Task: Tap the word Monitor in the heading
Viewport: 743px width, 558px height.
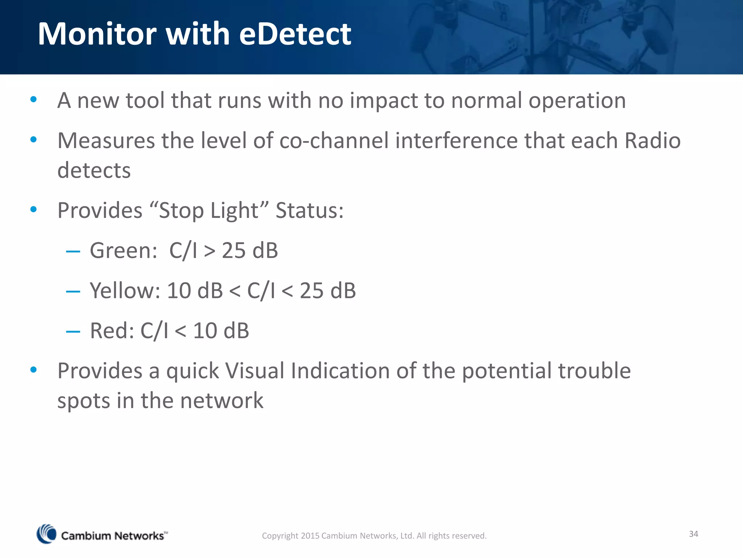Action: pyautogui.click(x=97, y=34)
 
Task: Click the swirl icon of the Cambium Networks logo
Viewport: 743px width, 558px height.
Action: pyautogui.click(x=46, y=534)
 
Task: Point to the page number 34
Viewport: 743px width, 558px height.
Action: pyautogui.click(x=693, y=534)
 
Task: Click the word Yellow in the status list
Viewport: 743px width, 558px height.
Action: pyautogui.click(x=125, y=291)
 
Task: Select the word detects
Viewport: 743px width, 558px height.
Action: pyautogui.click(x=94, y=171)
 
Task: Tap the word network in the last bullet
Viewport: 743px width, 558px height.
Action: pyautogui.click(x=222, y=401)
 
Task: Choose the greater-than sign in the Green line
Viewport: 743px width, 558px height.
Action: pyautogui.click(x=210, y=251)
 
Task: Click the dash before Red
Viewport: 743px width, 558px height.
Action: pyautogui.click(x=73, y=331)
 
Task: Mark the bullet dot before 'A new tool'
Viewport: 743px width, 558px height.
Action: pyautogui.click(x=34, y=99)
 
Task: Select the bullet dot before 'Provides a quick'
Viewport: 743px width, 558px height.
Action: pyautogui.click(x=34, y=370)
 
